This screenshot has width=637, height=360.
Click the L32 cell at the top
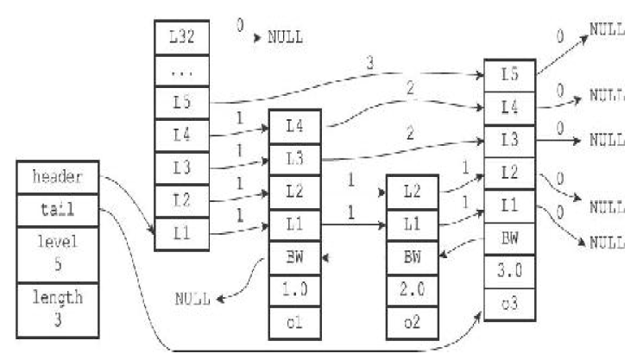point(182,40)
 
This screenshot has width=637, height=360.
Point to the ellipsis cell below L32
point(182,73)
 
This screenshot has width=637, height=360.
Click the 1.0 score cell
point(295,287)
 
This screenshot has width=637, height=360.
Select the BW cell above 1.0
point(295,256)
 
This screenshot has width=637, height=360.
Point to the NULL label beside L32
point(285,39)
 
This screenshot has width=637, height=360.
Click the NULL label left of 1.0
point(193,300)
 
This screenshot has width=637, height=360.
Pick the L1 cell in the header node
point(182,233)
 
